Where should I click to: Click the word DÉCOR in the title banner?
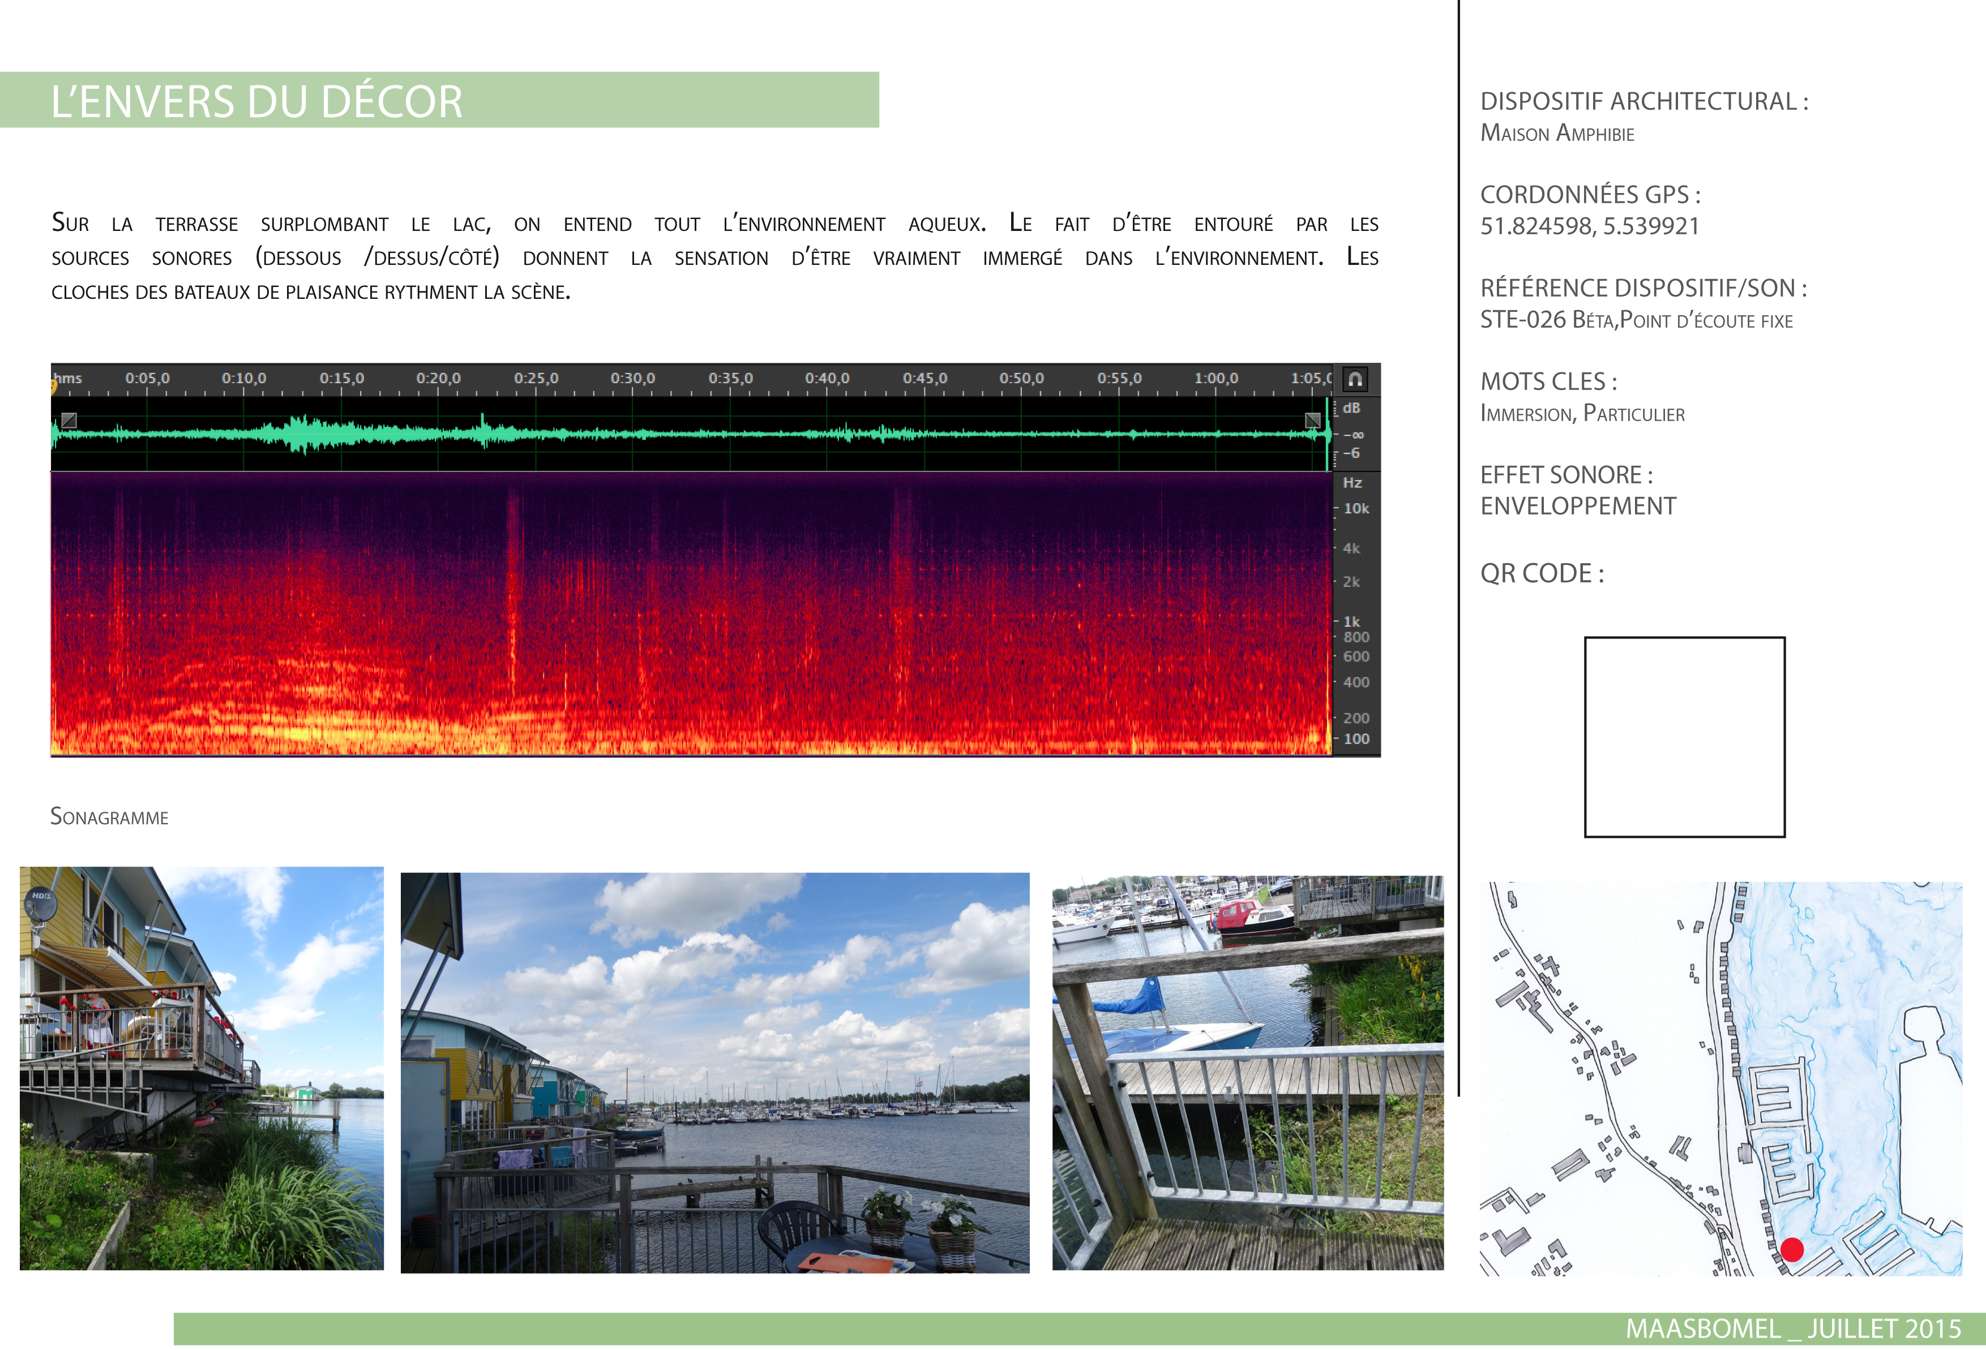(x=392, y=102)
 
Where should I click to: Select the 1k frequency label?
(x=1351, y=621)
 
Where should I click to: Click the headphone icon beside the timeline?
(x=1355, y=379)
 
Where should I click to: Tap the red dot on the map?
(x=1792, y=1250)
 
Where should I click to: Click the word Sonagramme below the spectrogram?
(x=109, y=817)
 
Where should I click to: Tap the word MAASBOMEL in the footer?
(x=1703, y=1328)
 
